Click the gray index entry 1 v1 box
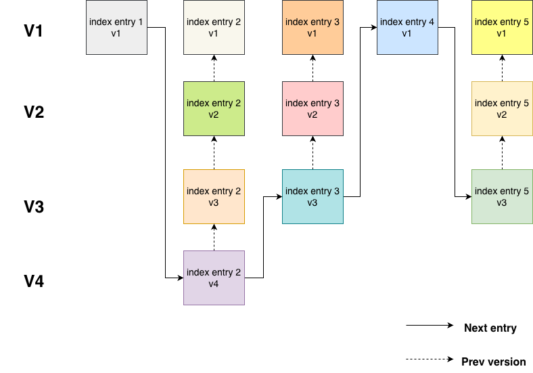[x=116, y=28]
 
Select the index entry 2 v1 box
[x=214, y=28]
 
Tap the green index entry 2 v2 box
[x=214, y=109]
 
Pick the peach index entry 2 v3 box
[x=214, y=196]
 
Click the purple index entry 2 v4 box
[x=214, y=278]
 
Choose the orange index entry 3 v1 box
[x=312, y=28]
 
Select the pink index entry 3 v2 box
[x=312, y=109]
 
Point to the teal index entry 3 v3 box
[x=312, y=196]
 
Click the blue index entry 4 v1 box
[x=407, y=28]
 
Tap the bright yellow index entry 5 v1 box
[x=502, y=28]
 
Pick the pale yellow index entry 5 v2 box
[x=502, y=109]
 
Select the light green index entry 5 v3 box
[x=502, y=196]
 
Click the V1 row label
[x=34, y=31]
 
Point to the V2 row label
[x=34, y=112]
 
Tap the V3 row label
[x=34, y=207]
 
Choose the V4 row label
[x=34, y=281]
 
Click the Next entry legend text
[x=490, y=328]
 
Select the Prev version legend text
[x=492, y=361]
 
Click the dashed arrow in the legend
[x=430, y=359]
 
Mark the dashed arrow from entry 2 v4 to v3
[x=214, y=238]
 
